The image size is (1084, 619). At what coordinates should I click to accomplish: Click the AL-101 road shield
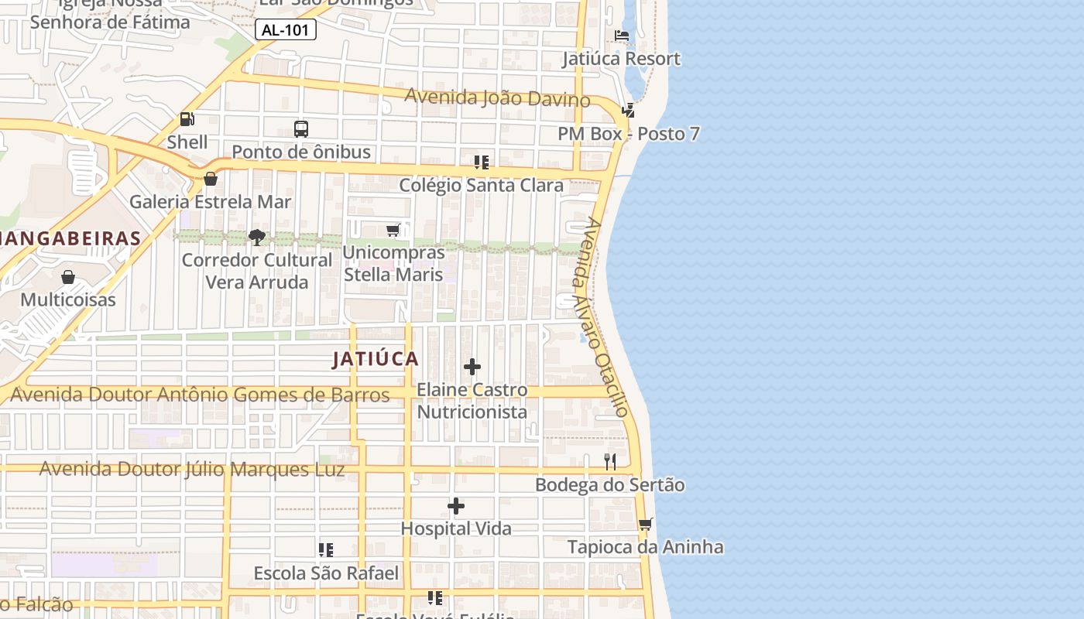tap(286, 30)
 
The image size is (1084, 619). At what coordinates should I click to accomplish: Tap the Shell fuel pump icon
tap(187, 119)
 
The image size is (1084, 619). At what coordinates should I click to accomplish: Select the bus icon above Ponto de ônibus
tap(301, 129)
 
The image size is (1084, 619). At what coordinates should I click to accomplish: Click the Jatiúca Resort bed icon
tap(621, 36)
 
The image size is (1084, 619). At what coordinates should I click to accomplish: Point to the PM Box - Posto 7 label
tap(629, 134)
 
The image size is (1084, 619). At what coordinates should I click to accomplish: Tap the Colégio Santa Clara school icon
tap(481, 162)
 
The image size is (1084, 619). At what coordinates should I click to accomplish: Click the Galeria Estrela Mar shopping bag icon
tap(210, 179)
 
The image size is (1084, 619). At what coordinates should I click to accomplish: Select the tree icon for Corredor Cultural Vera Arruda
tap(257, 238)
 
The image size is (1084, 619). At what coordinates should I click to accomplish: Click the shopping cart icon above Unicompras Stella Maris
tap(393, 231)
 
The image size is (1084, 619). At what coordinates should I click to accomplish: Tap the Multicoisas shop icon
tap(68, 277)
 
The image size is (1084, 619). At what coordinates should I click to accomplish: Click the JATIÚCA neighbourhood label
tap(376, 359)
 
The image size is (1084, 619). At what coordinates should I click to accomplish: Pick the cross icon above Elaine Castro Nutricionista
tap(472, 367)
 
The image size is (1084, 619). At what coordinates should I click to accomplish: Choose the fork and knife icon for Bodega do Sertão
tap(610, 462)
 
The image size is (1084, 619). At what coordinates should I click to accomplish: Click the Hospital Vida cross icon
tap(456, 507)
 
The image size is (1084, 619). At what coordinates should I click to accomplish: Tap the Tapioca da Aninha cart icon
tap(645, 525)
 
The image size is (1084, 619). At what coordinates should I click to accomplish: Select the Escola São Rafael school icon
tap(326, 550)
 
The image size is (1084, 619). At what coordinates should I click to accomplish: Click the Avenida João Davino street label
tap(497, 98)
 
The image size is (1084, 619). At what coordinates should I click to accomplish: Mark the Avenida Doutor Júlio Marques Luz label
tap(192, 470)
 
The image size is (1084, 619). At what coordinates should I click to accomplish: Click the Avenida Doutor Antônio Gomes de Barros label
tap(200, 395)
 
